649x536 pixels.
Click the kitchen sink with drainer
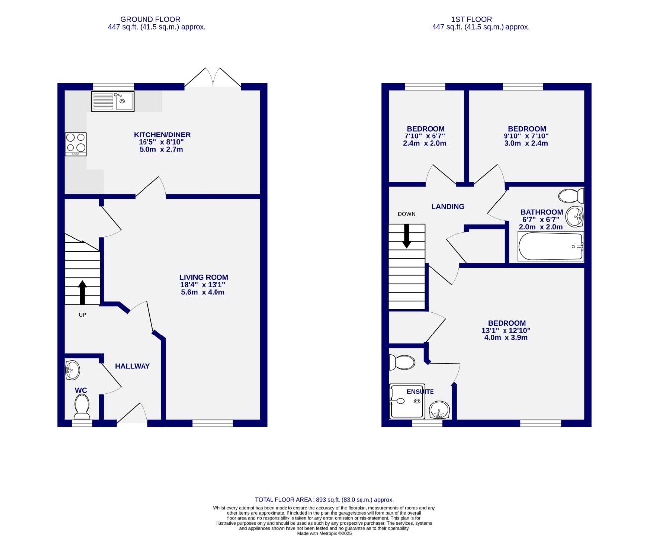pos(113,101)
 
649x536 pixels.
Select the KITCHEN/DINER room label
pos(162,134)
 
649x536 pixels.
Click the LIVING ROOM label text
pos(204,277)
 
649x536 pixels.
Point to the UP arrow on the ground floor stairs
pos(82,292)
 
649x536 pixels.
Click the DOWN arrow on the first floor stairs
pos(407,236)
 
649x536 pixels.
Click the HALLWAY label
pos(132,366)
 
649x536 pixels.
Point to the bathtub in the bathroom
pos(550,247)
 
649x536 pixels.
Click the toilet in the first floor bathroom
pos(572,196)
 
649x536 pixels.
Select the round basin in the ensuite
pos(439,410)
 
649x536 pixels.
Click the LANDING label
pos(447,207)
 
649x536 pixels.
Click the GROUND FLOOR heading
pos(156,19)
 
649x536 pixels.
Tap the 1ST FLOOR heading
pos(481,19)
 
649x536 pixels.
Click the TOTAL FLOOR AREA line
pos(324,500)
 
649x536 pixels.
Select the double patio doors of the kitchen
pos(214,78)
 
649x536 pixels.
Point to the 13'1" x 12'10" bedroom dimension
pos(506,330)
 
